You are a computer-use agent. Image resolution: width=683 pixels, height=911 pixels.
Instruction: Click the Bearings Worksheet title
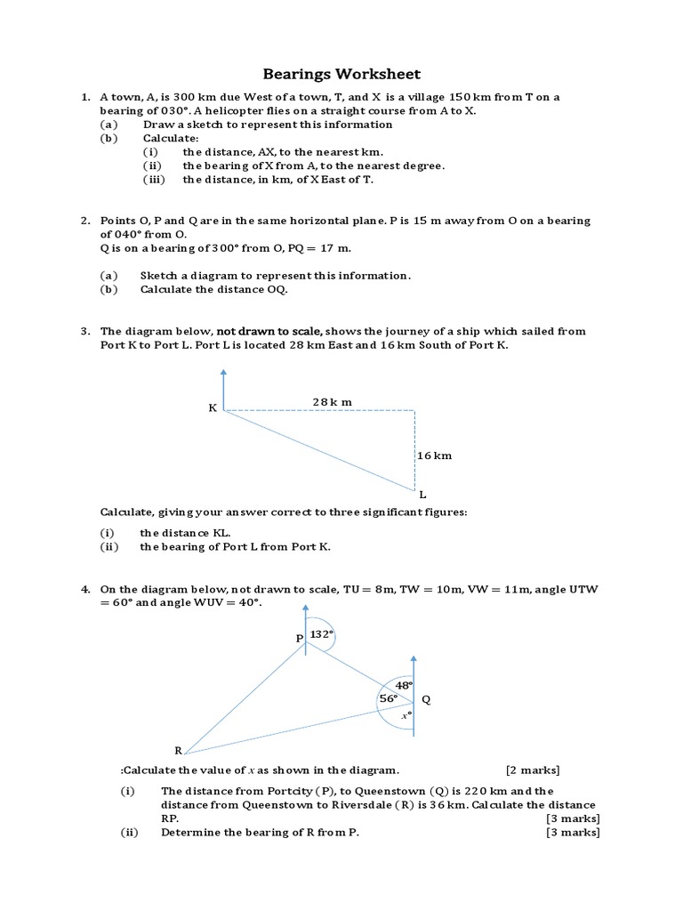point(341,74)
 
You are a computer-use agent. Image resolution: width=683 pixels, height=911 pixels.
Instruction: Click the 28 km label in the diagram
point(332,401)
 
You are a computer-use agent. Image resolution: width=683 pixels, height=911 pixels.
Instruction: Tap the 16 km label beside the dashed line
point(435,455)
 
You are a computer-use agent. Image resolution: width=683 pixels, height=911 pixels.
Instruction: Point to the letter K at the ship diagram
point(213,407)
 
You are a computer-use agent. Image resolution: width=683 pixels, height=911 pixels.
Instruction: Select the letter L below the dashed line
point(422,494)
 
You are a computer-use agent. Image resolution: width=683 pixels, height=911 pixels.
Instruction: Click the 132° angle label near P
point(321,634)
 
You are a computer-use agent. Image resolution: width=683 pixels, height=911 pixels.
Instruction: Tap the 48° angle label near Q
point(404,685)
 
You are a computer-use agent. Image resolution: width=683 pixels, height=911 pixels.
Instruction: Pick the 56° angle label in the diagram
point(388,699)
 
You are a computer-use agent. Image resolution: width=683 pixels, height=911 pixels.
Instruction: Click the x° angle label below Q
point(405,714)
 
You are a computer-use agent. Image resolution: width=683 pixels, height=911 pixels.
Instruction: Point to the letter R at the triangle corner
point(178,751)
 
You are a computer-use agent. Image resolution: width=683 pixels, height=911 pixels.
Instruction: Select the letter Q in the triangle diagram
point(426,700)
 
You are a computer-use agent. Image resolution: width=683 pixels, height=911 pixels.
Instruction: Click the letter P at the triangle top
point(300,639)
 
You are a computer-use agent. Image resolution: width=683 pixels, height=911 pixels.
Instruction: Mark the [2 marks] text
point(533,770)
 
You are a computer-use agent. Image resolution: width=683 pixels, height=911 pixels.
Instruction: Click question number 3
point(84,331)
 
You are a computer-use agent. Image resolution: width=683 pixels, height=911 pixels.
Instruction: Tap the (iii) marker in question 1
point(156,179)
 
